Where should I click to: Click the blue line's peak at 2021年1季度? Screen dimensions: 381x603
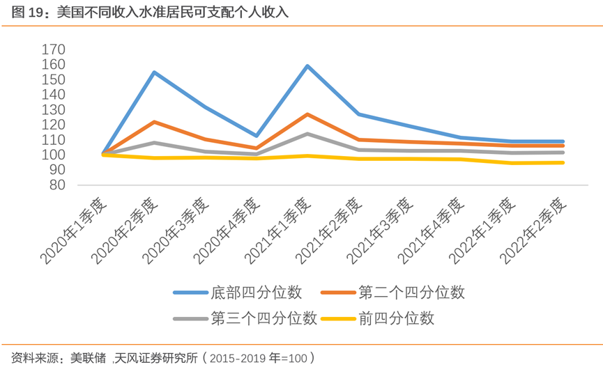pos(307,66)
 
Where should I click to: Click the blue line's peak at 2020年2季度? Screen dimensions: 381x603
pos(154,72)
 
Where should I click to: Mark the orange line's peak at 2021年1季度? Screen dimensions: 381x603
pos(307,114)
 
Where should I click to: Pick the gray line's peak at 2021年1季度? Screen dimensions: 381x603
pos(307,134)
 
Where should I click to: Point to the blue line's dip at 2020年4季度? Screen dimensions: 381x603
pos(257,136)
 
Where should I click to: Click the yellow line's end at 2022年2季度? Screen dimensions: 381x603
pos(563,163)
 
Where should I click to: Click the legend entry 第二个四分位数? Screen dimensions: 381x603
pos(411,293)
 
